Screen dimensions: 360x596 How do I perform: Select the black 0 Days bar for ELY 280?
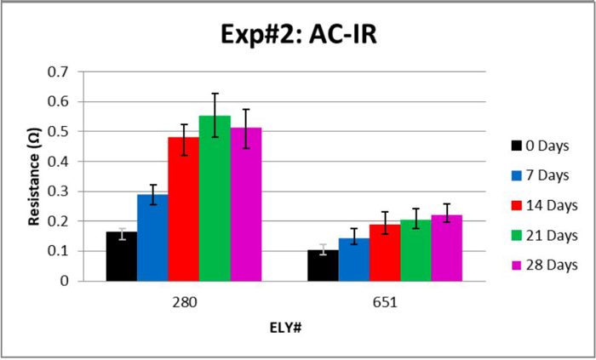(122, 256)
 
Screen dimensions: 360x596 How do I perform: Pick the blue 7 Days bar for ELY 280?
(152, 238)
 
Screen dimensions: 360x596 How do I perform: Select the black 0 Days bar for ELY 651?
(323, 266)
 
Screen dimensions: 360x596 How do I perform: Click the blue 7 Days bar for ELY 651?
(353, 260)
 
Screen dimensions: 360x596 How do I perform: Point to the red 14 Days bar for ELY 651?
(384, 253)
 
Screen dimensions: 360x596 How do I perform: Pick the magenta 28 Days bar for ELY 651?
(446, 248)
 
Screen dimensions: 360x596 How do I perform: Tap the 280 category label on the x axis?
(183, 300)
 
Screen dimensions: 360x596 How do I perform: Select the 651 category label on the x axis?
(384, 300)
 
